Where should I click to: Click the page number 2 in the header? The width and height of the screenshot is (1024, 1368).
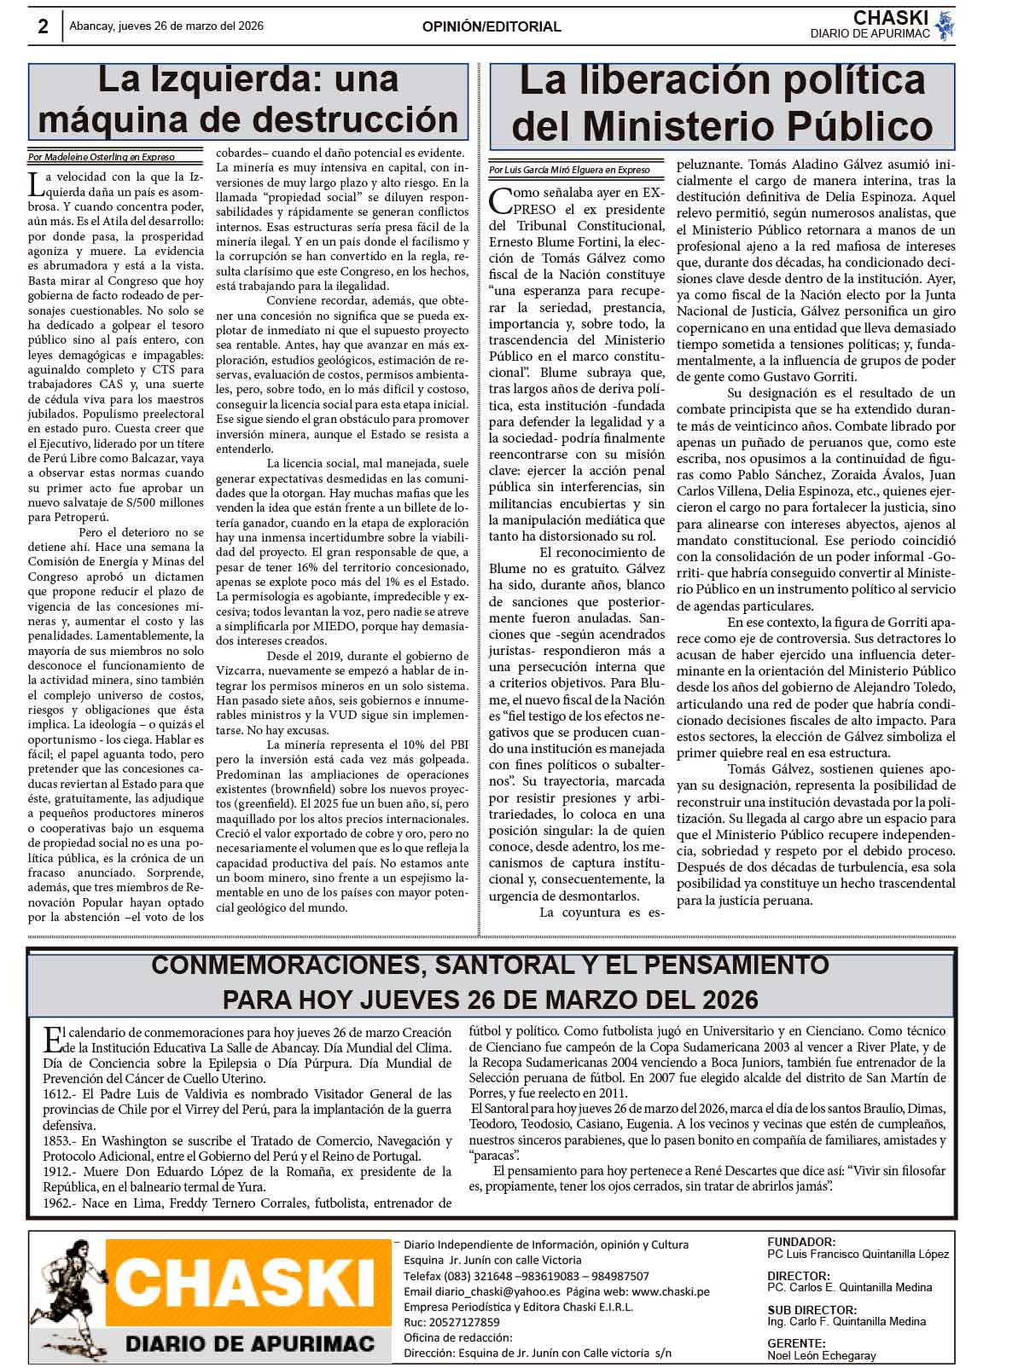(43, 26)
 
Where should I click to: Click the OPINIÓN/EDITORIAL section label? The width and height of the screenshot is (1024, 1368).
(492, 26)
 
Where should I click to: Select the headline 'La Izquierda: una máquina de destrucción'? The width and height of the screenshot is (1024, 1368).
(248, 100)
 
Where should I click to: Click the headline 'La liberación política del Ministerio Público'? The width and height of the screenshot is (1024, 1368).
(722, 103)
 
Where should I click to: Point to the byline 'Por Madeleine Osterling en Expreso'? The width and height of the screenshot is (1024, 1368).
(102, 157)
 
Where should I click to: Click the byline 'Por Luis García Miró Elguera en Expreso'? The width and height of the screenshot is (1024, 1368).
(570, 170)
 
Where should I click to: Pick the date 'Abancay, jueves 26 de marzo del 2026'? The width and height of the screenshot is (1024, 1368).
(166, 26)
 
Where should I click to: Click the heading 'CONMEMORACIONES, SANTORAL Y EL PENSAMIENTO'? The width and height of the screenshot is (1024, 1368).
(491, 965)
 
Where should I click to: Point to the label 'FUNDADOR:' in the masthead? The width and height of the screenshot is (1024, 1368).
(801, 1242)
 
